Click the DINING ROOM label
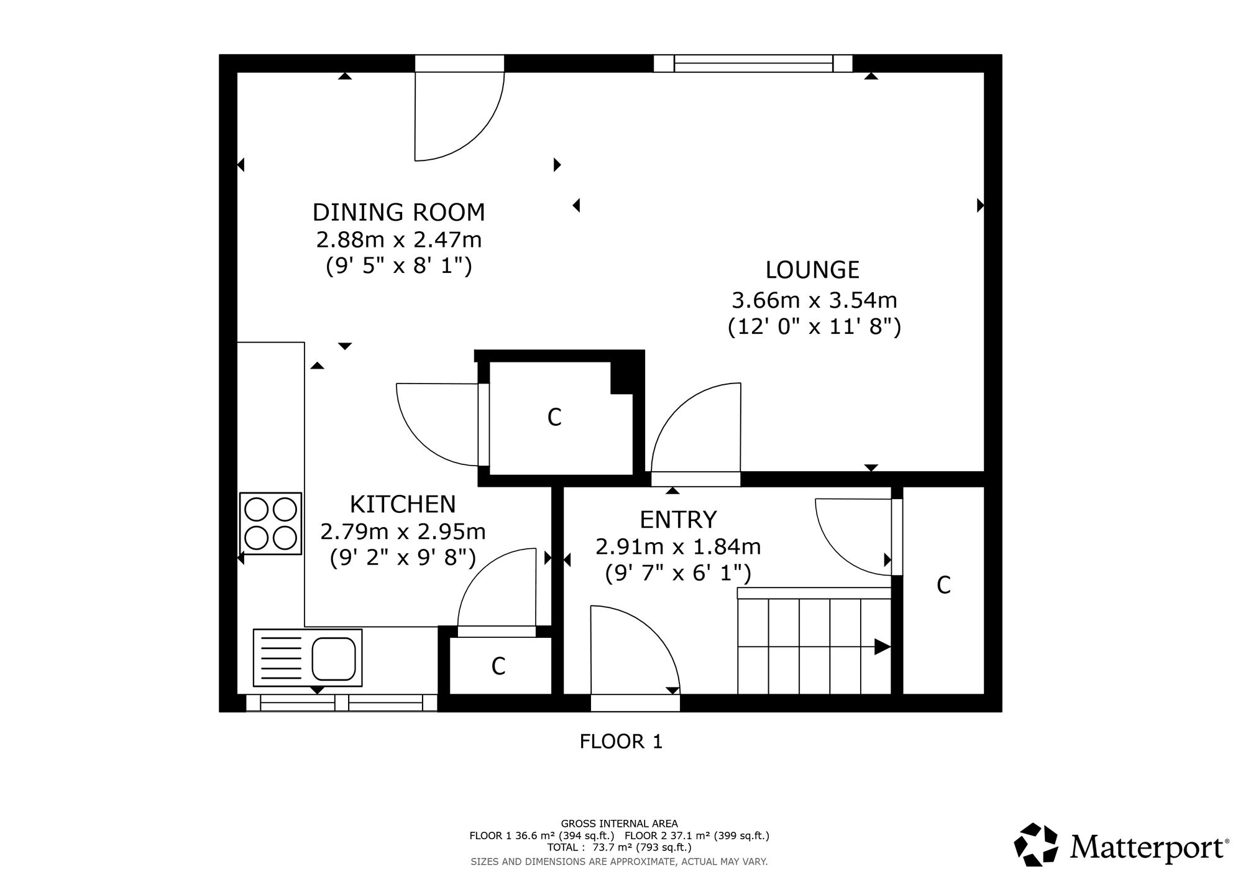398,213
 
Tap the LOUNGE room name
812,270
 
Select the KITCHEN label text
403,504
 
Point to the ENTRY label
678,519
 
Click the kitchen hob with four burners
270,523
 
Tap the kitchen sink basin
333,658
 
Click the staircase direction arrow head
883,647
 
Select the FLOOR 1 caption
621,742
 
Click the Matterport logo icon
1035,844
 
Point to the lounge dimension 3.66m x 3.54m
814,301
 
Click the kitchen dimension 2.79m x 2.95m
403,532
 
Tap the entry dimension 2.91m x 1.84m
678,547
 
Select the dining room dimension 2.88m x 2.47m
399,239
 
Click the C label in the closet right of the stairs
943,585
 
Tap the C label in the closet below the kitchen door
498,666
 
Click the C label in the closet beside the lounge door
554,418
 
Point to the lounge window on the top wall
753,63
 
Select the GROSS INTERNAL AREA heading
619,824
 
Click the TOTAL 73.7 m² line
619,847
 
